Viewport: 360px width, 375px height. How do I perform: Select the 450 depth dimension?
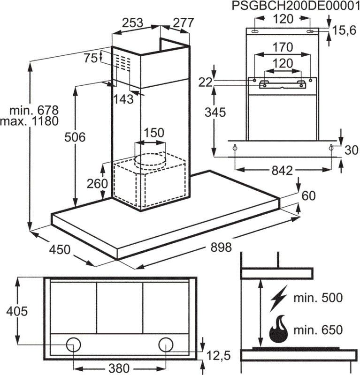point(60,249)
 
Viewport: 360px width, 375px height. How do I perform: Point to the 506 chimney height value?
point(75,137)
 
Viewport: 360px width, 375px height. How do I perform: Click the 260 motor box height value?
point(97,184)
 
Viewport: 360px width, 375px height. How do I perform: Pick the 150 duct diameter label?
point(154,133)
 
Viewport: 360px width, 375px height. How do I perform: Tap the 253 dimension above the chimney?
point(133,22)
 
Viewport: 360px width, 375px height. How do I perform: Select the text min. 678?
point(35,111)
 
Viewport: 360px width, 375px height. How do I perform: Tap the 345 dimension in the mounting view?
point(215,112)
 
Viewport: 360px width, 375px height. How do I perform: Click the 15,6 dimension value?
point(344,31)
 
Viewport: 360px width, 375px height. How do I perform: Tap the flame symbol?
point(279,329)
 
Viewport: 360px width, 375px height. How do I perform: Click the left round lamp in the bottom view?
point(73,345)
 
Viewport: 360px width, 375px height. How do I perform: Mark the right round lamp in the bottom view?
point(166,345)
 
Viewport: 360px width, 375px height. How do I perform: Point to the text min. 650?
point(318,329)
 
